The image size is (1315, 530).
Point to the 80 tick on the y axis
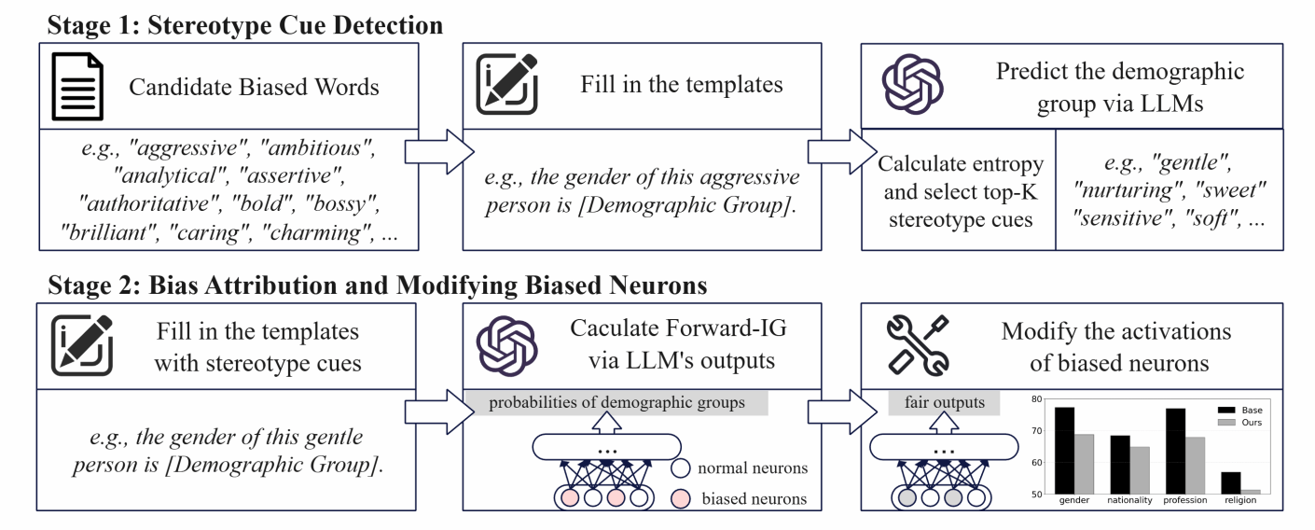pyautogui.click(x=1036, y=399)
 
